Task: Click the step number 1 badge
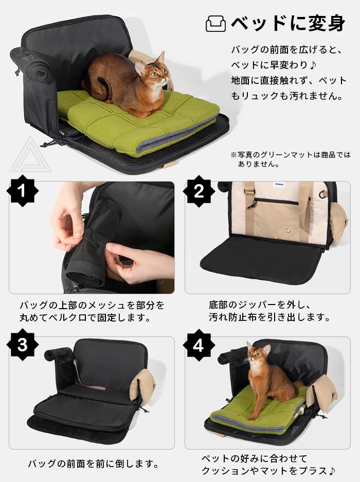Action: pos(22,192)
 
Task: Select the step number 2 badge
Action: pos(199,192)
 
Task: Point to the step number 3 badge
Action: pos(22,345)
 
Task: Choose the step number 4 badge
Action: pos(199,345)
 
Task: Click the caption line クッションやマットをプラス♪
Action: pos(268,470)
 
